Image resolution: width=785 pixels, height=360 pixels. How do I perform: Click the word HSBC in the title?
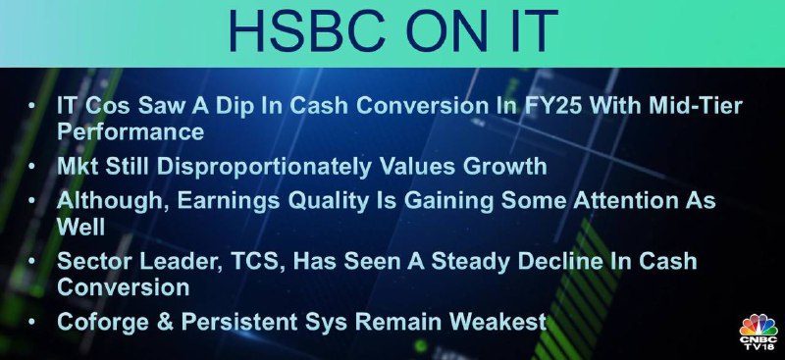[x=304, y=31]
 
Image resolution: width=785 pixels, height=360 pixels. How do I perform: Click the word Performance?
[x=131, y=132]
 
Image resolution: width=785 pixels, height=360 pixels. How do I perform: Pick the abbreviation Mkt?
[x=78, y=167]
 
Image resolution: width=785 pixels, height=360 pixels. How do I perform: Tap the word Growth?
[x=504, y=167]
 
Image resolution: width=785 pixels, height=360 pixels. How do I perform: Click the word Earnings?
[x=228, y=201]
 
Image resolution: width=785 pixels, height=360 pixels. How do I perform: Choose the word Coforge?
[x=103, y=323]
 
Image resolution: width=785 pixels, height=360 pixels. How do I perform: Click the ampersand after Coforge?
[x=165, y=322]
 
